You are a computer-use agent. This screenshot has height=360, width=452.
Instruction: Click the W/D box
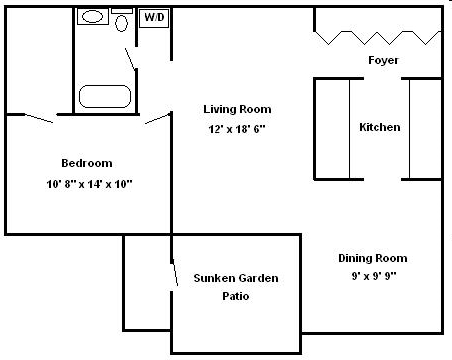coord(153,18)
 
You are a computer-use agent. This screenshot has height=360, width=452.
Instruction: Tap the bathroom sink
coord(94,17)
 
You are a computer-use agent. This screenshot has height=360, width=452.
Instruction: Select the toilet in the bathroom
coord(122,22)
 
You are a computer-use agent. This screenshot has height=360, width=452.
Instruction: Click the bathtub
coord(105,97)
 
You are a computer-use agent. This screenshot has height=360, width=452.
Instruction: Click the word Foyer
coord(383,61)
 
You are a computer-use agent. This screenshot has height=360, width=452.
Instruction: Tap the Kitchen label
coord(380,127)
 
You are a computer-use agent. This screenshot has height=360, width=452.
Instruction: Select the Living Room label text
coord(237,109)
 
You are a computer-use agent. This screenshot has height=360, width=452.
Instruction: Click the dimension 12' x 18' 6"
coord(237,130)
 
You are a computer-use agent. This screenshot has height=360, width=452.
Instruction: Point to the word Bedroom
coord(88,163)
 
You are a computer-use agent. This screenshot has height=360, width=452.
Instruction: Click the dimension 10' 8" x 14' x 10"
coord(89,184)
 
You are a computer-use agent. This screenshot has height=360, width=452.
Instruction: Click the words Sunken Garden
coord(236,278)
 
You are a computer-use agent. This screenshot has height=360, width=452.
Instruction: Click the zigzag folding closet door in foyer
coord(377,38)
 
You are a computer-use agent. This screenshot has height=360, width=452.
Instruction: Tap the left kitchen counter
coord(333,127)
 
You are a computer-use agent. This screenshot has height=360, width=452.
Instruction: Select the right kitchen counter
coord(425,127)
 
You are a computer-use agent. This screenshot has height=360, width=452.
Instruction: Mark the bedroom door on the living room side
coord(157,119)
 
